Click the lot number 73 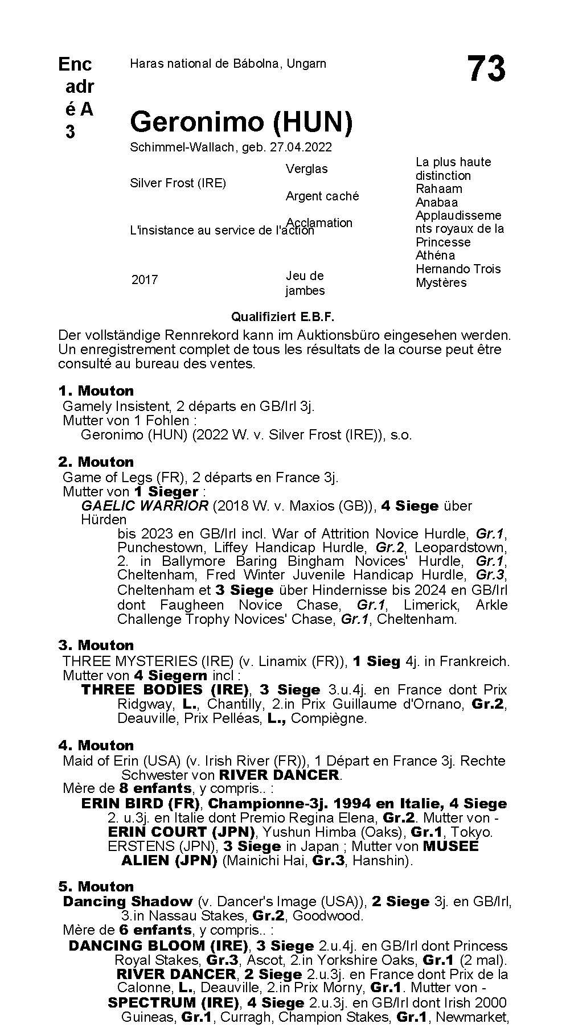[x=486, y=69]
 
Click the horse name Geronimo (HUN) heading [x=241, y=122]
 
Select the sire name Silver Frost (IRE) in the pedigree [x=178, y=183]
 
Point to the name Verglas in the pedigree [x=306, y=169]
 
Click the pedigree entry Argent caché [x=322, y=196]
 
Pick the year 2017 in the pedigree [x=145, y=280]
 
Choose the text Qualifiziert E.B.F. [x=283, y=316]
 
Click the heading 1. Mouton [x=96, y=391]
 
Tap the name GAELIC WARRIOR [x=145, y=506]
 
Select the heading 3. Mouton [x=96, y=646]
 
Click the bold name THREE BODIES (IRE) [x=165, y=690]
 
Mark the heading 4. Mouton [x=96, y=746]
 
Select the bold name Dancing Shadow [x=128, y=902]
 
